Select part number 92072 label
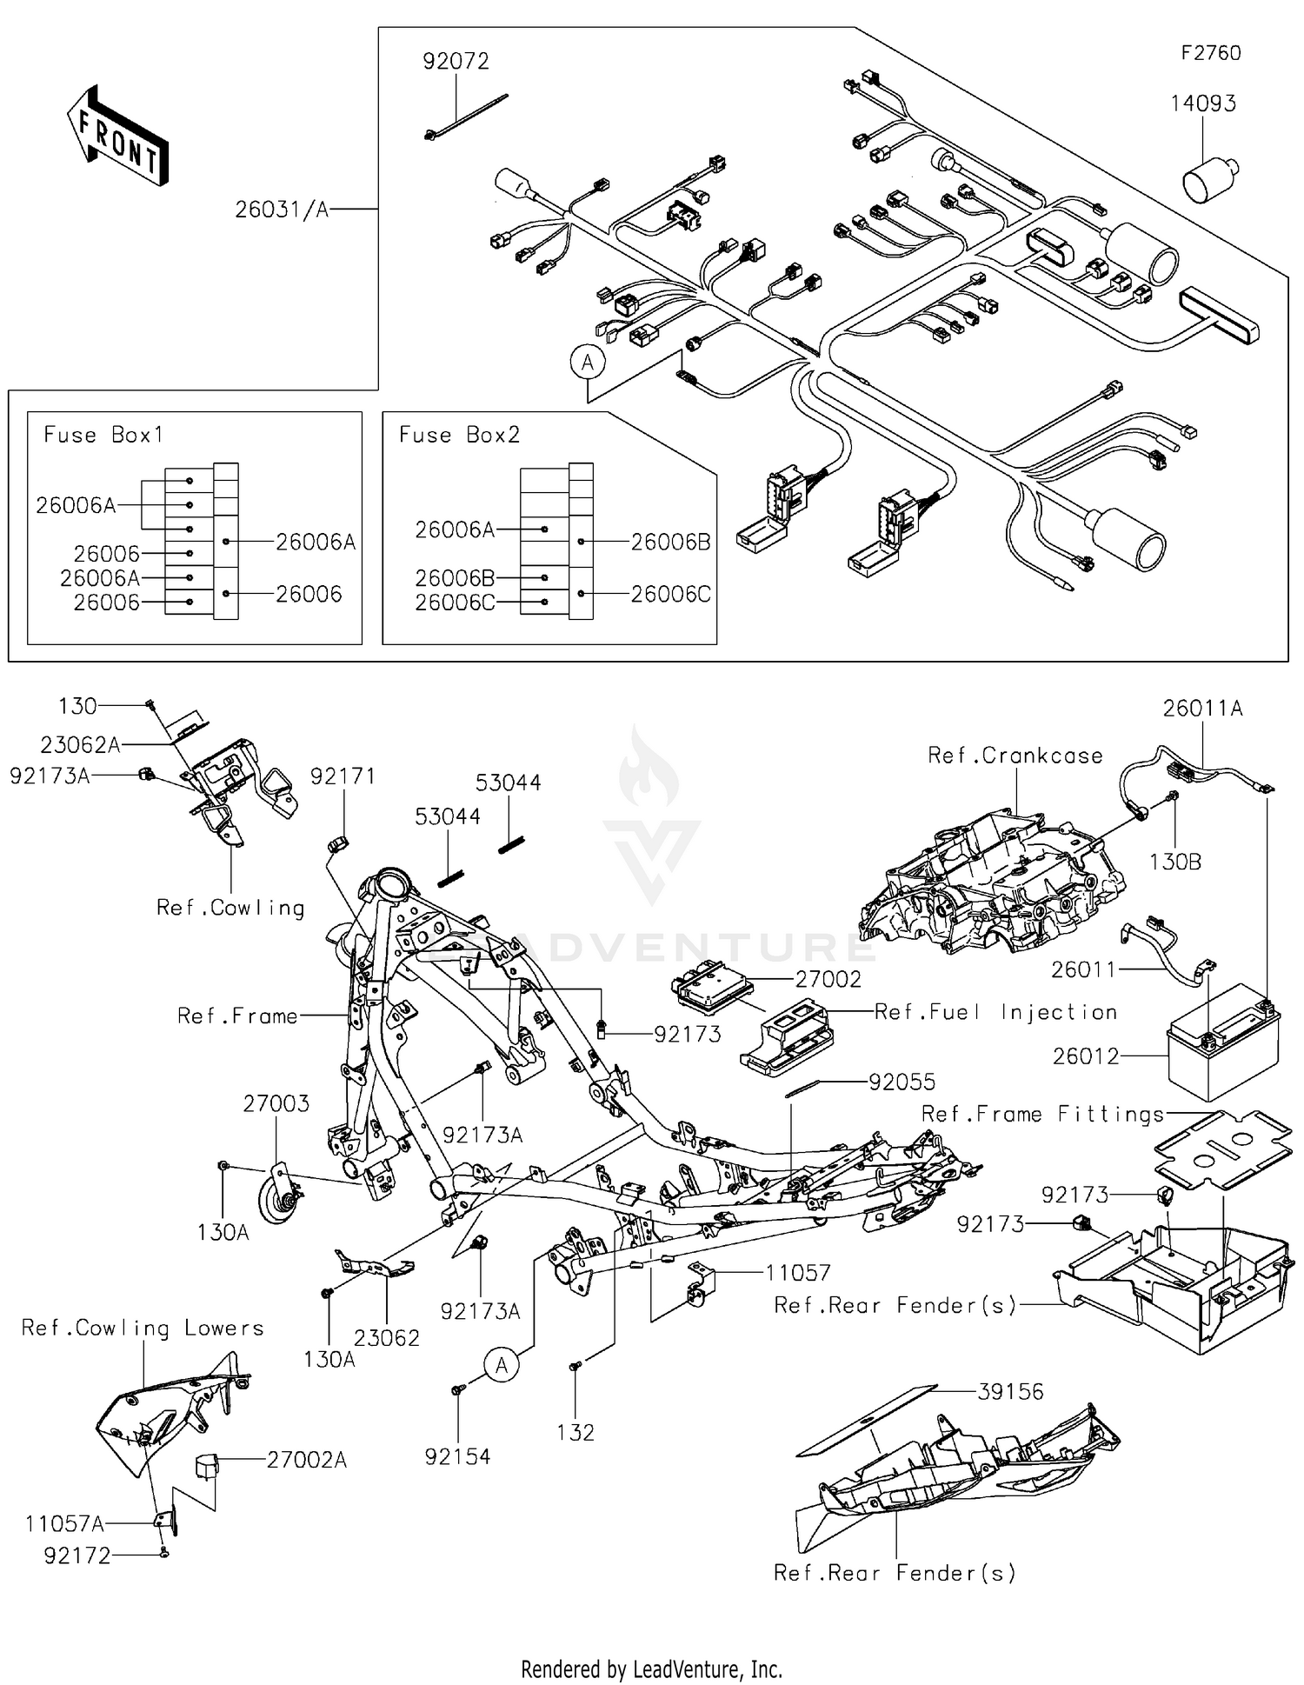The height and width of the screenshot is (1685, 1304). click(456, 62)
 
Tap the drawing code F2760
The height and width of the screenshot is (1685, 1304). click(1210, 53)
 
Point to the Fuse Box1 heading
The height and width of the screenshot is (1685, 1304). click(103, 435)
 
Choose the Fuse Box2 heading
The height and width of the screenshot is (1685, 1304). click(459, 435)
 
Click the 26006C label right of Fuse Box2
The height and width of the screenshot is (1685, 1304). click(670, 594)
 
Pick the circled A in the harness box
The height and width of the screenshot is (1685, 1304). click(588, 362)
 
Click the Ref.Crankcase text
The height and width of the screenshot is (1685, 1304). click(1015, 756)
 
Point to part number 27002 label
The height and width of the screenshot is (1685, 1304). click(828, 979)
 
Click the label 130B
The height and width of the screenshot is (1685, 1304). click(1174, 862)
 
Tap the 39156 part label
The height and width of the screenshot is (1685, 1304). click(1010, 1391)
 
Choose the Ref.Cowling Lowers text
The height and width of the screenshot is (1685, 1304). click(142, 1328)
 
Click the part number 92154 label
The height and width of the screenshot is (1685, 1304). click(457, 1456)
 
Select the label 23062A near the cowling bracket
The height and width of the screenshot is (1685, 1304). click(79, 744)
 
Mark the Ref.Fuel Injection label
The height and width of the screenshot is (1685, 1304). click(995, 1012)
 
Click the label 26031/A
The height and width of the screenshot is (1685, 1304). click(282, 210)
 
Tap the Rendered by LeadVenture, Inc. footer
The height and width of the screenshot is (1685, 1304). click(651, 1668)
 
